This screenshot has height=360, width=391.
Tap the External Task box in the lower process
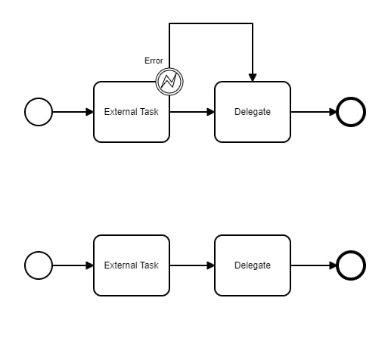pos(132,265)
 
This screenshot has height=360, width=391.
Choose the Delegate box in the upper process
pos(253,112)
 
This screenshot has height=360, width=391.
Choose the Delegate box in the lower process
pos(253,265)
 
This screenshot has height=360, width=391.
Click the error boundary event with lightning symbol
pos(169,82)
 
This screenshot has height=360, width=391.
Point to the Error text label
pos(154,61)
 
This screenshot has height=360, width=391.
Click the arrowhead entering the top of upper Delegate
pos(253,77)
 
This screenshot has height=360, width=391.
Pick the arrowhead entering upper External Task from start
pos(89,112)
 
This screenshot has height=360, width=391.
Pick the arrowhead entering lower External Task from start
pos(89,265)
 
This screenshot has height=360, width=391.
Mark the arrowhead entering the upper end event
pos(333,112)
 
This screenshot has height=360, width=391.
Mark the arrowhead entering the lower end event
pos(333,265)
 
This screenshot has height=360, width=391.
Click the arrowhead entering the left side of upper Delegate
pos(210,112)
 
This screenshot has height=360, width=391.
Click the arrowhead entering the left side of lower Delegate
pos(210,265)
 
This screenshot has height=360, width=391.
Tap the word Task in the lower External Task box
pos(150,265)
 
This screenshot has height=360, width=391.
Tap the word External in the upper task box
pos(120,112)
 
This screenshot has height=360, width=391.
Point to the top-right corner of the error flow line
pos(253,23)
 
